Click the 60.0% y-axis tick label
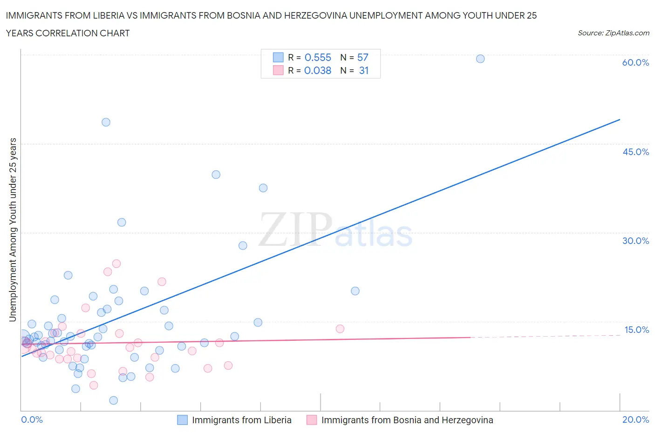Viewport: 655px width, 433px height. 635,62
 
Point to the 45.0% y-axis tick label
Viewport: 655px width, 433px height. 635,152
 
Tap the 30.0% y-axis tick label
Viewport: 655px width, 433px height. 635,241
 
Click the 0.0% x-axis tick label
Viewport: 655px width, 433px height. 32,419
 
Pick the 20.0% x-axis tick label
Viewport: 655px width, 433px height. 635,419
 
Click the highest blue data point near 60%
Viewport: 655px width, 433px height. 480,59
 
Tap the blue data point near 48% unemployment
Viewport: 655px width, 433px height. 106,122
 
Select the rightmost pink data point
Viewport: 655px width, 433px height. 340,329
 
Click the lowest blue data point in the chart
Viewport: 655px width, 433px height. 113,400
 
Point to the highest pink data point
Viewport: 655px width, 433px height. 116,264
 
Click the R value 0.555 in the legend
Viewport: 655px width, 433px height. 318,57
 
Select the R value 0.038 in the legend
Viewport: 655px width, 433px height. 318,70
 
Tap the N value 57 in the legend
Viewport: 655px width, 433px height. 362,57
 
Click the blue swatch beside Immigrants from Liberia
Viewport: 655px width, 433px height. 183,420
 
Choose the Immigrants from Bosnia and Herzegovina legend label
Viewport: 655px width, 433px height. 407,420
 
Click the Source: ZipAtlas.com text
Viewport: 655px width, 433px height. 613,33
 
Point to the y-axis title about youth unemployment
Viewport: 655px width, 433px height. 13,230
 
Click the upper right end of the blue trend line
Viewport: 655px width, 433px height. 620,120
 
